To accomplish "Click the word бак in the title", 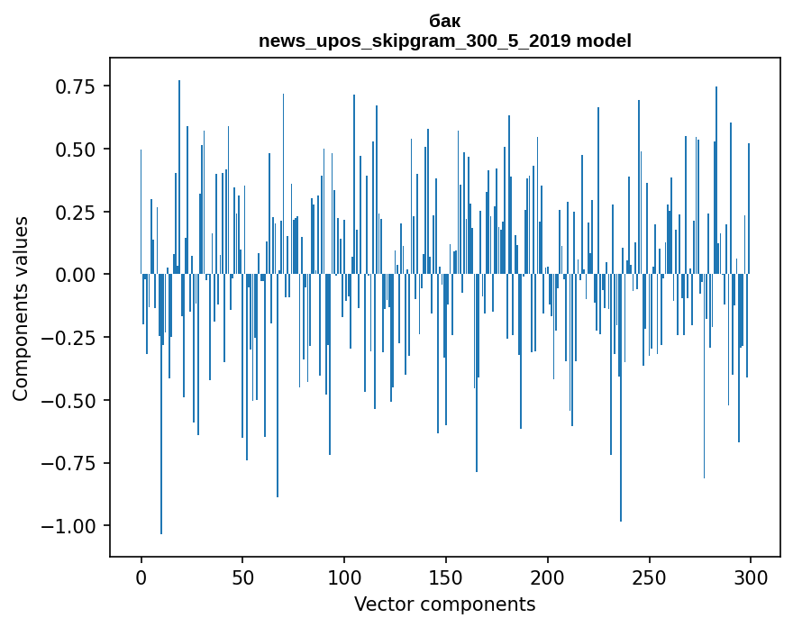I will point(445,22).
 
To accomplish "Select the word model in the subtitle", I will point(610,41).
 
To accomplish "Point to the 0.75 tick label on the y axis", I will point(75,86).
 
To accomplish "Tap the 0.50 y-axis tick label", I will point(75,149).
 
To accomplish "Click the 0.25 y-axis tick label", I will point(75,212).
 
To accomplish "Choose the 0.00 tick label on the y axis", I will point(75,275).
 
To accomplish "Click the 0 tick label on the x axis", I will point(141,578).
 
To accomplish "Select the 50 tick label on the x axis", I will point(242,578).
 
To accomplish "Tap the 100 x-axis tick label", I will point(344,578).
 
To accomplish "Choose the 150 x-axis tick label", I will point(446,578).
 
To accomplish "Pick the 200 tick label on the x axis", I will point(548,578).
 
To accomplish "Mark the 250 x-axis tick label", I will point(649,578).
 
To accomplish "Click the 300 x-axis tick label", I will point(751,578).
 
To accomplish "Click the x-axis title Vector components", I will point(445,604).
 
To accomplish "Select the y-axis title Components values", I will point(21,308).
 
